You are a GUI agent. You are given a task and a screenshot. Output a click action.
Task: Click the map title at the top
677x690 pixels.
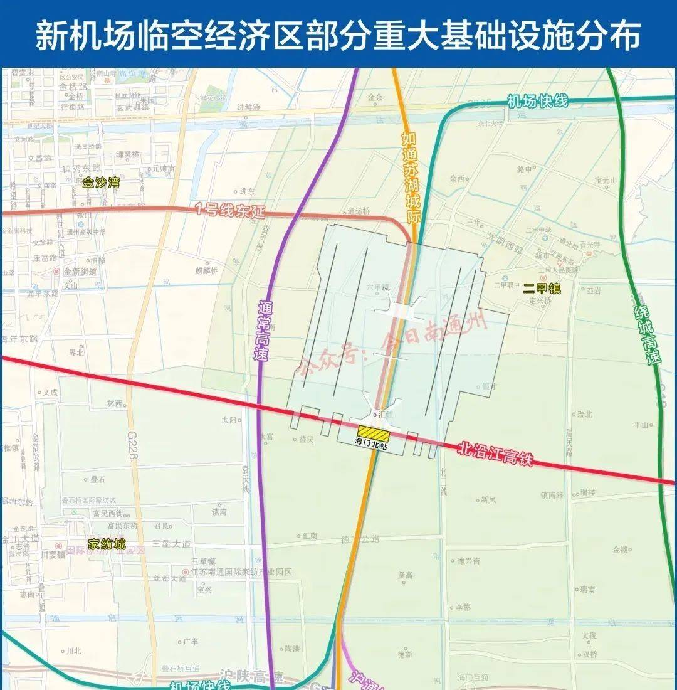pos(338,34)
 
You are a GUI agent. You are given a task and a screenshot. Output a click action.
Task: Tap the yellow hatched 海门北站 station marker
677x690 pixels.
pos(374,432)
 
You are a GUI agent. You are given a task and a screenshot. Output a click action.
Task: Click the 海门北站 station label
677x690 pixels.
pos(370,445)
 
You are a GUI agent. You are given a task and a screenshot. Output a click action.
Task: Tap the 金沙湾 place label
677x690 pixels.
pos(100,183)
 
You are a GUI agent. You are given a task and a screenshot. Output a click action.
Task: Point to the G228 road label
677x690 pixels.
pos(132,447)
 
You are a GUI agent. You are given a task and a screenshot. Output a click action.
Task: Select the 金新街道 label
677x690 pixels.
pos(80,272)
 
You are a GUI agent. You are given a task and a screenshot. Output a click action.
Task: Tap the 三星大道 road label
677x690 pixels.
pos(172,544)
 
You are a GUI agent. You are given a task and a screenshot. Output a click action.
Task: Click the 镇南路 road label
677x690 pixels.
pos(552,495)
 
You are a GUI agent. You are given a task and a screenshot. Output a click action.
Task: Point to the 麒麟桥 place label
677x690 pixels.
pos(206,271)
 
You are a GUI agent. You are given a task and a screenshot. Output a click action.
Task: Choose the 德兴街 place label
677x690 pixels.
pos(468,560)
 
